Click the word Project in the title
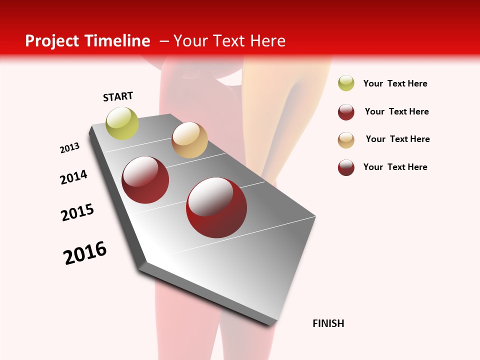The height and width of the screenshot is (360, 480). pyautogui.click(x=49, y=41)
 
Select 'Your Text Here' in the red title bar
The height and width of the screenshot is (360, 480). pyautogui.click(x=229, y=41)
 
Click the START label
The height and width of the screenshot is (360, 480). pyautogui.click(x=118, y=96)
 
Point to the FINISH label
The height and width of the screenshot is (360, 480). pyautogui.click(x=328, y=323)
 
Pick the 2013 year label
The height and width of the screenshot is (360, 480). pyautogui.click(x=69, y=148)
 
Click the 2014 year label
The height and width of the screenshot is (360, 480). pyautogui.click(x=73, y=177)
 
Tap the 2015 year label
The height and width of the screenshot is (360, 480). pyautogui.click(x=77, y=212)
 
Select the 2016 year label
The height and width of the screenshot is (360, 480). pyautogui.click(x=85, y=253)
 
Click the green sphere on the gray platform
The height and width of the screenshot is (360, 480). pyautogui.click(x=122, y=123)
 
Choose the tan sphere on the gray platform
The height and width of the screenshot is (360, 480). pyautogui.click(x=189, y=140)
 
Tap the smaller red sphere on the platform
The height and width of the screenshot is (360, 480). pyautogui.click(x=145, y=180)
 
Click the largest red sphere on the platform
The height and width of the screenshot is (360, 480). pyautogui.click(x=216, y=207)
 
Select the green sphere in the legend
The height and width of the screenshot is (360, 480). pyautogui.click(x=346, y=83)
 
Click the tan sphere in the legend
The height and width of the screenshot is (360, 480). pyautogui.click(x=346, y=140)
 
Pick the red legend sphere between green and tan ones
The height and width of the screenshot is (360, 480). pyautogui.click(x=346, y=112)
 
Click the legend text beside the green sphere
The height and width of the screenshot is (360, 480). pyautogui.click(x=395, y=84)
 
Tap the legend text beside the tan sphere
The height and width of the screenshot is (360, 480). pyautogui.click(x=397, y=139)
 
